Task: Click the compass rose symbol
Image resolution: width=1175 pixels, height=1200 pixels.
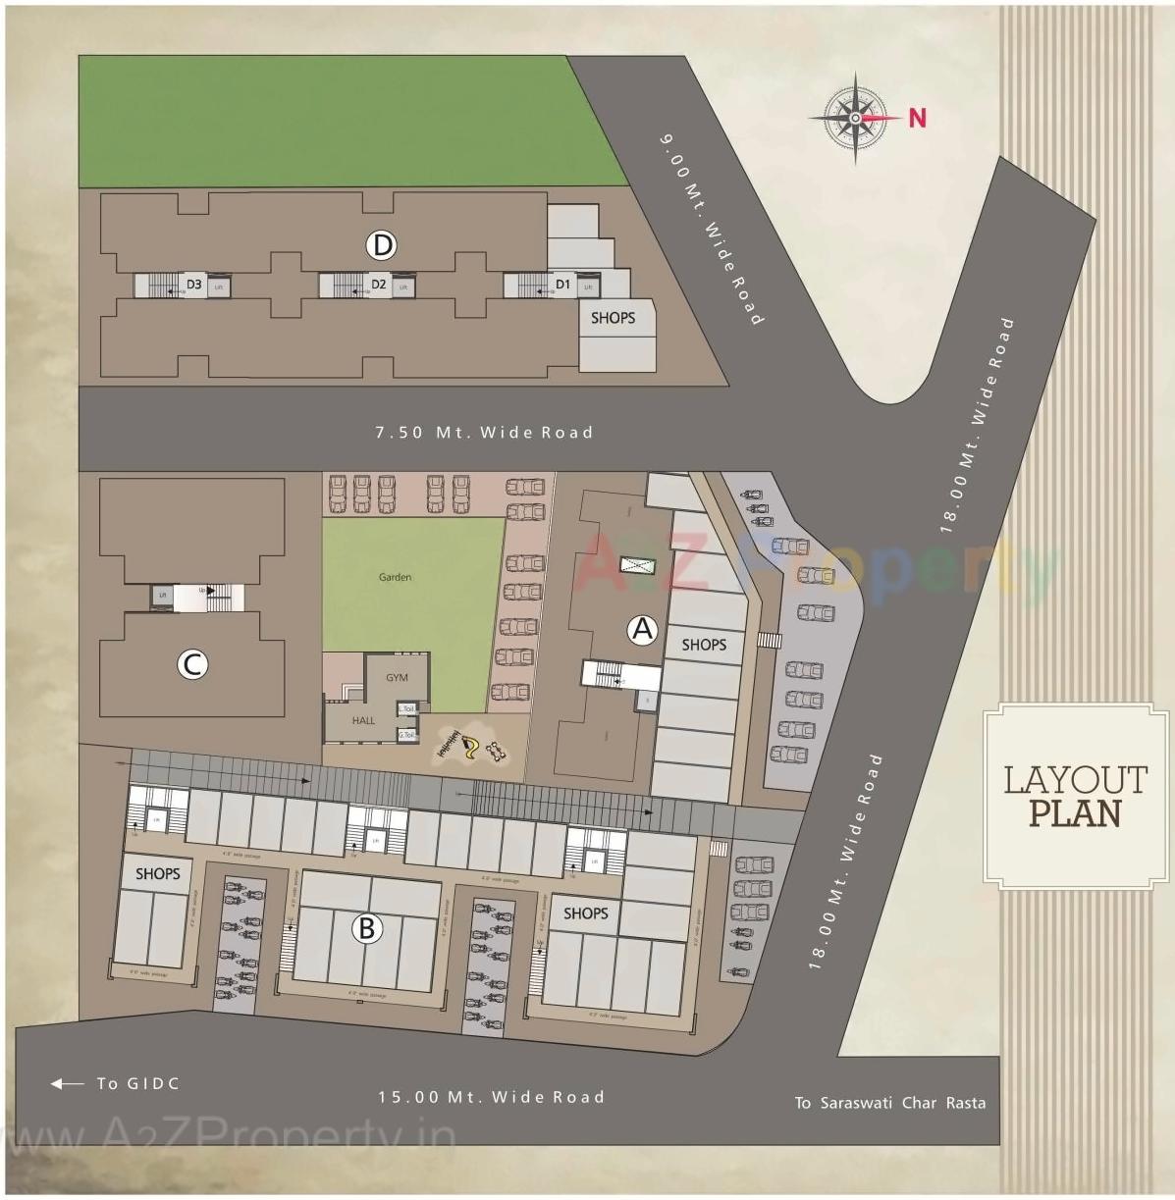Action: (x=855, y=117)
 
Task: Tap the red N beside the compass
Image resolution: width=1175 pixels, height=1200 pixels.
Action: (x=917, y=118)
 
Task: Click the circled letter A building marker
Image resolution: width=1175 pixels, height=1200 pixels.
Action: (x=642, y=628)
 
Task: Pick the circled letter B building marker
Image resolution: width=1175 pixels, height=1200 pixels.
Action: (x=366, y=927)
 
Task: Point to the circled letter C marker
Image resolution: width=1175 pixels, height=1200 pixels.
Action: (x=192, y=665)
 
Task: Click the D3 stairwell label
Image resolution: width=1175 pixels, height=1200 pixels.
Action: (x=193, y=286)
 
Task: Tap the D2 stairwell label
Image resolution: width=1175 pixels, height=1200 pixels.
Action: (x=378, y=286)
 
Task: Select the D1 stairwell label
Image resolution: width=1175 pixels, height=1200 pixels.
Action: (x=562, y=285)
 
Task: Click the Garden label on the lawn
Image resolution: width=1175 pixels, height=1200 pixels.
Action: (x=395, y=577)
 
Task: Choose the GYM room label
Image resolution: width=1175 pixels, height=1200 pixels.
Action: (x=397, y=678)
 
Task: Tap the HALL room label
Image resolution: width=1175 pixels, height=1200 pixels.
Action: (x=363, y=720)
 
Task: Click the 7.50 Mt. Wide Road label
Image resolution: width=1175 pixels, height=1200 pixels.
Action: (x=484, y=432)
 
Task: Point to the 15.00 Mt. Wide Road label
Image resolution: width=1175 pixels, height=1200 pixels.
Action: (x=491, y=1097)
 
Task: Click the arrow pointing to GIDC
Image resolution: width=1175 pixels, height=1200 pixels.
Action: (x=68, y=1084)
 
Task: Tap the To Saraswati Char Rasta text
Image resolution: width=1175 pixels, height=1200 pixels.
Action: (x=889, y=1103)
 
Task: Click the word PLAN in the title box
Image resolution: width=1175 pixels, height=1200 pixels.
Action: (x=1074, y=813)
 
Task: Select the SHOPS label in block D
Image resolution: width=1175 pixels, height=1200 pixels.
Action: (x=613, y=318)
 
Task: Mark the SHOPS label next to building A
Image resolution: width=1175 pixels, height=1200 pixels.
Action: (x=704, y=645)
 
